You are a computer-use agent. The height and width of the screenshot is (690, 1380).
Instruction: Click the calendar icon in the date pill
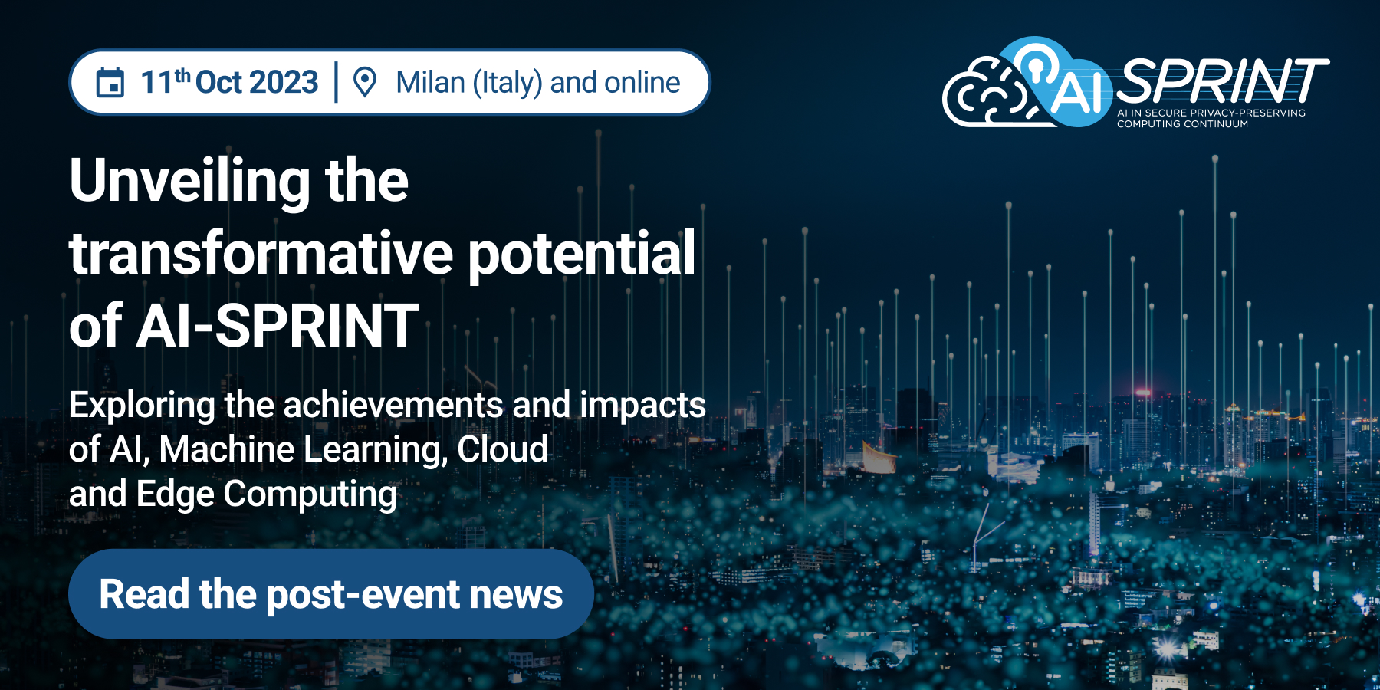(x=110, y=83)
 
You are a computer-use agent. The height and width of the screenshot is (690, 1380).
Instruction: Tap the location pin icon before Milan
(x=365, y=83)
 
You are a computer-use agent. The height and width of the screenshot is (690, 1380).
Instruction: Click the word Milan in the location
(x=430, y=83)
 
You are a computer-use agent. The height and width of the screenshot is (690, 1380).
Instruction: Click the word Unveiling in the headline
(x=189, y=181)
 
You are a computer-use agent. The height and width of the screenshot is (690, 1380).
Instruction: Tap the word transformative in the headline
(x=261, y=253)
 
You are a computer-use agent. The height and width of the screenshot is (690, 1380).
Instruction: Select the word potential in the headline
(x=581, y=253)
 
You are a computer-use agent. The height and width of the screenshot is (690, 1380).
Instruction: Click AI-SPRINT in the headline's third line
(x=278, y=326)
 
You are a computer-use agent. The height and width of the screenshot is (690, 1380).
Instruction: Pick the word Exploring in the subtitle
(x=142, y=406)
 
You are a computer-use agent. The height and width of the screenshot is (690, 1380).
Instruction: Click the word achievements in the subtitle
(x=394, y=406)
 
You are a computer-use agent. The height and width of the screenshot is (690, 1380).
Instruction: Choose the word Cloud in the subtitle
(x=502, y=450)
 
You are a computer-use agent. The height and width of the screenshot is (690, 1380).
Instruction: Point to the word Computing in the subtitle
(x=310, y=495)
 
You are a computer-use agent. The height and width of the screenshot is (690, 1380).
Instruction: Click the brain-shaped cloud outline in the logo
(x=985, y=96)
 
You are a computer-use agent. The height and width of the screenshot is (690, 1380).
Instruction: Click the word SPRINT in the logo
(x=1221, y=80)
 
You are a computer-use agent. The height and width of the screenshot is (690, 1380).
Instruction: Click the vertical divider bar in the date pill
(x=336, y=83)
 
